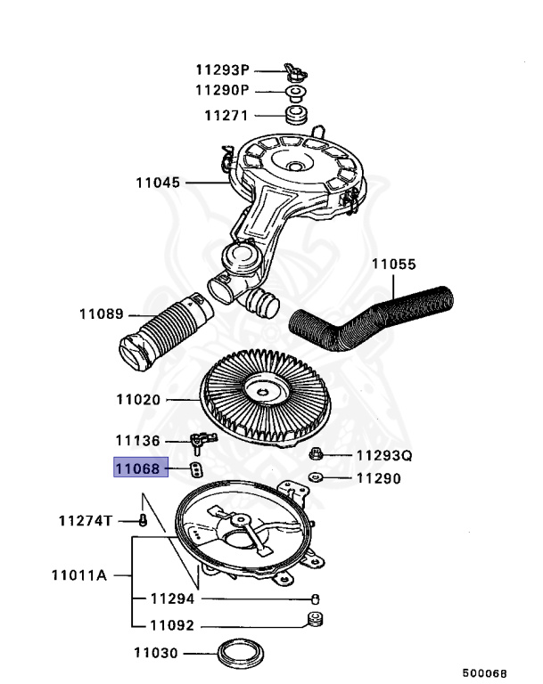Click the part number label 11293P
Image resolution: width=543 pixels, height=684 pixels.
tap(224, 69)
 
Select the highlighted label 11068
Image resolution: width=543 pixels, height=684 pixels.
tap(141, 468)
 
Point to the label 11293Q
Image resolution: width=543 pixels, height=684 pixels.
tap(384, 456)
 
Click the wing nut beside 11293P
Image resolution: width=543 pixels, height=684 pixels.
tap(293, 70)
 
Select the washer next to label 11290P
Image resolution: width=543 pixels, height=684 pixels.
tap(293, 92)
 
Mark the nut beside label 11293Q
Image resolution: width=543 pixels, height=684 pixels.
tap(317, 455)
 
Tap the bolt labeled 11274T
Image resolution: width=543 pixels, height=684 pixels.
tap(142, 520)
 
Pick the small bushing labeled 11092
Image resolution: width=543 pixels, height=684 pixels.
tap(314, 620)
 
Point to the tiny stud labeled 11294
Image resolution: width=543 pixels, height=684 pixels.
tap(315, 598)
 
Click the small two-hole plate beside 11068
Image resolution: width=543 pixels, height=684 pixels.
tap(196, 468)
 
